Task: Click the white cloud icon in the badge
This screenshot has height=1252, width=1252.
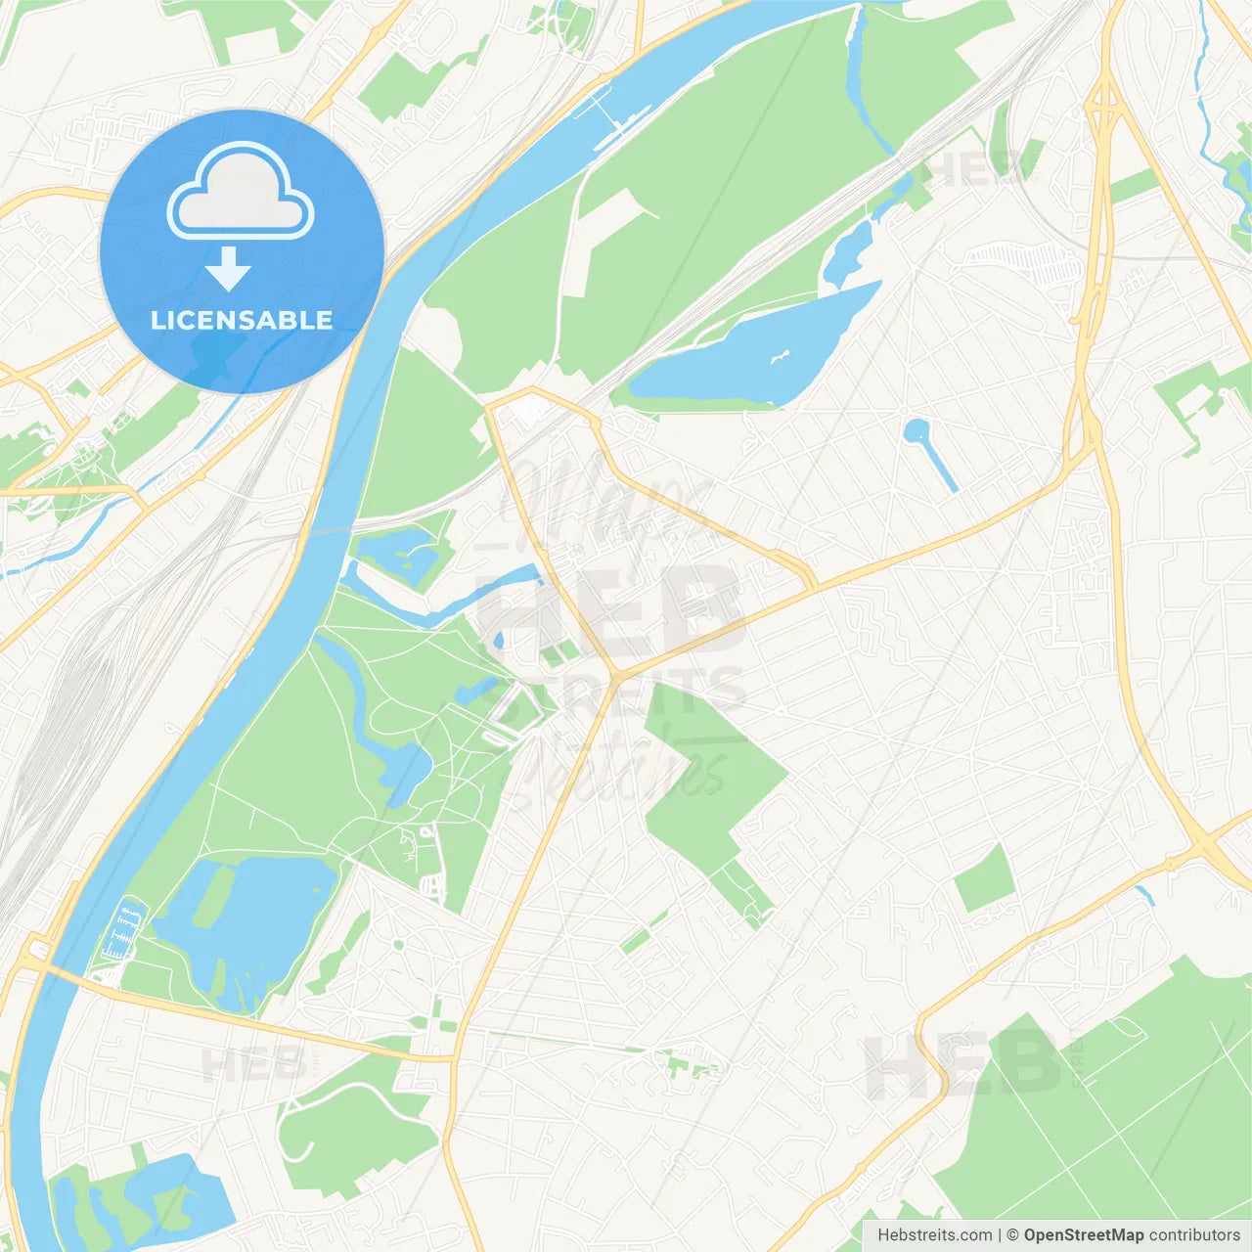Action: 241,191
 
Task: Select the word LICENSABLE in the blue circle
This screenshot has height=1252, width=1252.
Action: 242,320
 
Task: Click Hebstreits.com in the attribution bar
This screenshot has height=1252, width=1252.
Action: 934,1235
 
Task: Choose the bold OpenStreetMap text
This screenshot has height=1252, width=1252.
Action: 1083,1235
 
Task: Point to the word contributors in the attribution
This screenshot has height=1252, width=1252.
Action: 1194,1235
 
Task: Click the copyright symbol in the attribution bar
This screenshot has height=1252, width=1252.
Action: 1012,1235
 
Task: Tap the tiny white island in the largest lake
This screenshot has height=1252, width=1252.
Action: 780,357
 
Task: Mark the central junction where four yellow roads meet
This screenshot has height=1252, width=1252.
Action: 617,676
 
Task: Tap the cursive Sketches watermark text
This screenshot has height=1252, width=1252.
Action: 616,773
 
